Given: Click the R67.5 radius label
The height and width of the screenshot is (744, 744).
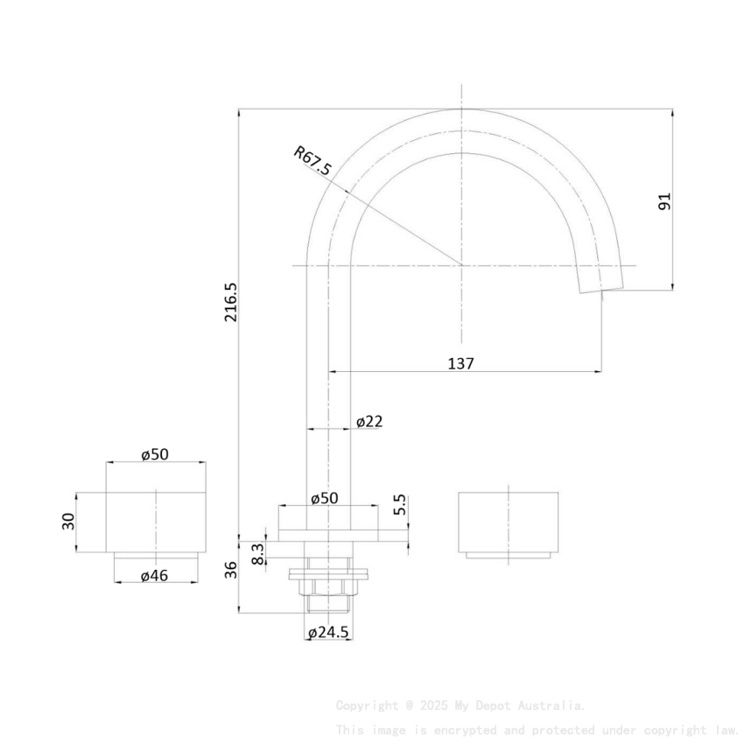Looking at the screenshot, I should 312,162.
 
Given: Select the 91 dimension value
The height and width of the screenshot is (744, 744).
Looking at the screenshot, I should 664,200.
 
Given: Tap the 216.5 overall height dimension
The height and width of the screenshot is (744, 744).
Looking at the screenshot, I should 231,302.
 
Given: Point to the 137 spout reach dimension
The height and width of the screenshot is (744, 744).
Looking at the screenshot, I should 460,363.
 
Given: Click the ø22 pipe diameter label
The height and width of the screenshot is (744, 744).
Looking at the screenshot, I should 369,422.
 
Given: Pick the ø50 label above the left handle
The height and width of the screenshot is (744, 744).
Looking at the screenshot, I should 155,453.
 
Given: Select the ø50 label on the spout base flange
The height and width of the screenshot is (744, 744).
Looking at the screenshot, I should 324,498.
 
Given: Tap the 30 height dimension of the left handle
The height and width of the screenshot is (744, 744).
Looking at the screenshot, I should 68,522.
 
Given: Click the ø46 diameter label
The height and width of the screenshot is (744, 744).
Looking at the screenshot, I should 154,576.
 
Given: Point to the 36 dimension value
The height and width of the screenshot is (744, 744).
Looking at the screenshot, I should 231,571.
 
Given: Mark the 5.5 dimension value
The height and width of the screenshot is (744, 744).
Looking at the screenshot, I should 400,505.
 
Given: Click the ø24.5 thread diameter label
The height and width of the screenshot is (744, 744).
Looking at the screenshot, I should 328,632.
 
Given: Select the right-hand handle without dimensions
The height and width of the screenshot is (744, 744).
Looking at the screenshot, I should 509,523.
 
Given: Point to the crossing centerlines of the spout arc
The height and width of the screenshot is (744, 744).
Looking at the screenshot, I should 462,264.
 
